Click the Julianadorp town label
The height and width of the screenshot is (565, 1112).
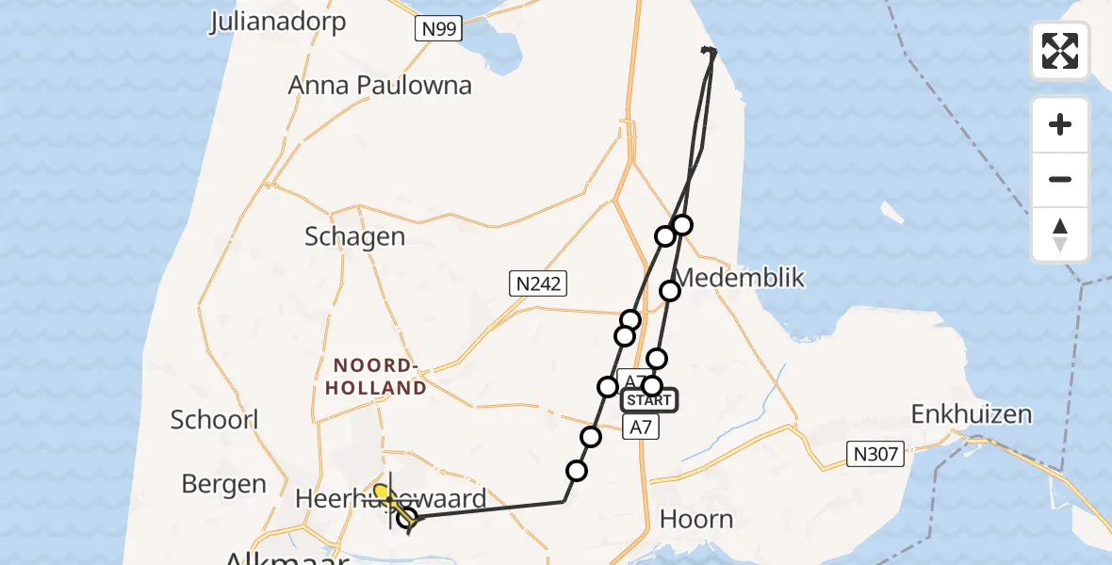tap(278, 21)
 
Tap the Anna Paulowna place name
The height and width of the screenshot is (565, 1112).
tap(379, 85)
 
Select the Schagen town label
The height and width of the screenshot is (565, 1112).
tap(354, 235)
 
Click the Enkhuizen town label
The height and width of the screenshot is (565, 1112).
tap(971, 414)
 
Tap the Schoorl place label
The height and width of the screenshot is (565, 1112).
tap(215, 419)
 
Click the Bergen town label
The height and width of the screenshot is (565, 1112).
tap(223, 484)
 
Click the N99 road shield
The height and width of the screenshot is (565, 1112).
tap(439, 28)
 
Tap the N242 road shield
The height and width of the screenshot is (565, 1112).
tap(538, 282)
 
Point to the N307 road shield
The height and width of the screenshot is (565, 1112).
tap(876, 456)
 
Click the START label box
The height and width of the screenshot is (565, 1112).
tap(648, 400)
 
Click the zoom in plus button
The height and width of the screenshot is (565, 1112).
tap(1060, 124)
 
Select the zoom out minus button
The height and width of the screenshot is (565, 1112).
tap(1060, 179)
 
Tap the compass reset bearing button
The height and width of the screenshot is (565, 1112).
tap(1060, 234)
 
